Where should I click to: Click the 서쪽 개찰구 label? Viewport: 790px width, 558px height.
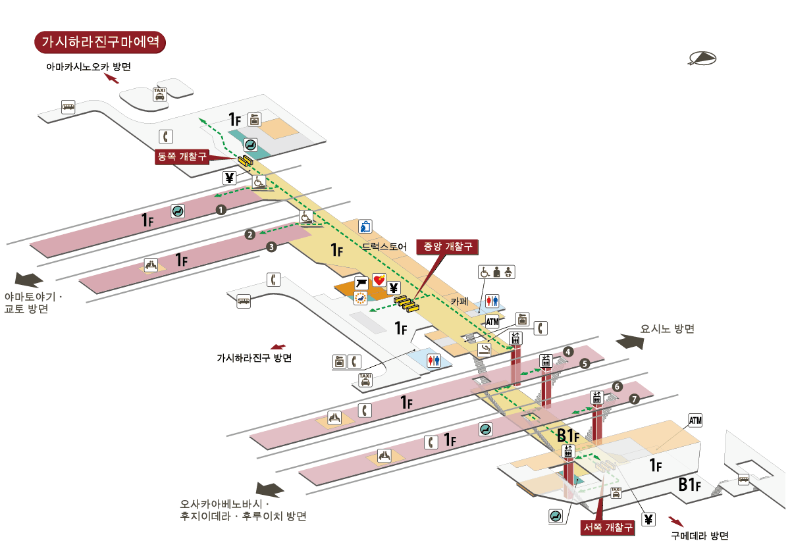click(x=608, y=527)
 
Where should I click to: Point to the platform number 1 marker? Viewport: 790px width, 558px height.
click(x=221, y=210)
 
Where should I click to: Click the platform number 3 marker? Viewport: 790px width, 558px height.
click(x=271, y=247)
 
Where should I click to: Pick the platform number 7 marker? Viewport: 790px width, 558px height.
click(x=634, y=399)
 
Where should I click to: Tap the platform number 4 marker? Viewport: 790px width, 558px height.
click(x=567, y=352)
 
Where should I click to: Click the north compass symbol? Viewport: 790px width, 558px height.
click(x=702, y=59)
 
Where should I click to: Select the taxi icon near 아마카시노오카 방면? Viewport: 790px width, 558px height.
click(x=159, y=94)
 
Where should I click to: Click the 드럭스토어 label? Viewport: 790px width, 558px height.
click(x=384, y=247)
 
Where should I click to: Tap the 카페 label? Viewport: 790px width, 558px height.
click(x=459, y=301)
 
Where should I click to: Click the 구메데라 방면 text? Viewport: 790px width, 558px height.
click(x=700, y=536)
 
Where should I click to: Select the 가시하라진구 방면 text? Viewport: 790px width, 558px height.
click(x=254, y=358)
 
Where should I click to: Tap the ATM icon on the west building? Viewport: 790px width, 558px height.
click(x=696, y=420)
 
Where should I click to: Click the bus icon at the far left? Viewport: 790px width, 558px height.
click(x=68, y=107)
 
